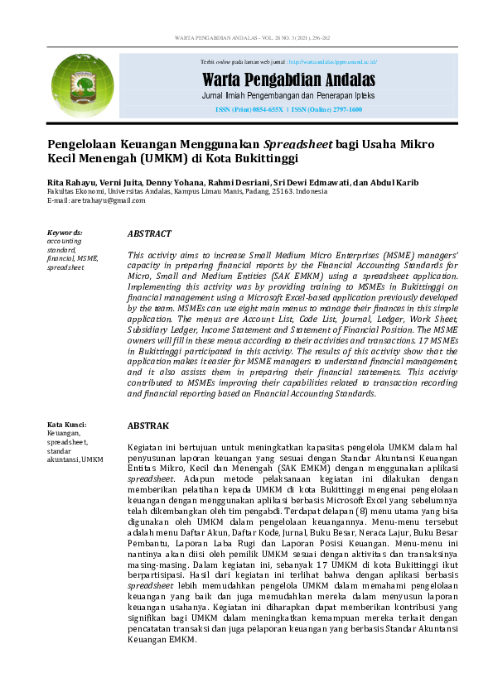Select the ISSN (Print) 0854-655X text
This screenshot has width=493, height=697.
[249, 109]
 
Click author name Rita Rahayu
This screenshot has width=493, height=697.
[68, 182]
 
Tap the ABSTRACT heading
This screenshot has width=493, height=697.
[149, 234]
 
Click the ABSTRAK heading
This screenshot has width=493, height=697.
[148, 425]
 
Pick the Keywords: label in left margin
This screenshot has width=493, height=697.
[65, 233]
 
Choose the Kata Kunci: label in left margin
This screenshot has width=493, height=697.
[67, 425]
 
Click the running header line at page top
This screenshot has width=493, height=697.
[246, 38]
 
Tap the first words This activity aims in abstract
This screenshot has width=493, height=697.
[162, 257]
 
